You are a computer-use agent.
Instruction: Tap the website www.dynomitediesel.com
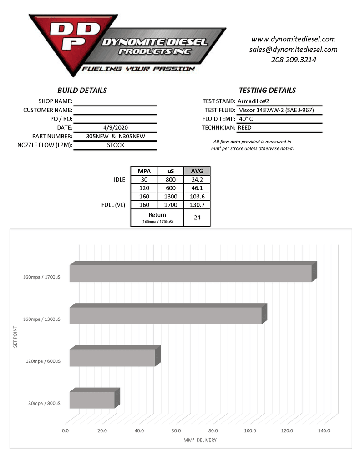click(x=293, y=39)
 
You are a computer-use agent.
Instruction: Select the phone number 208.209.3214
click(x=293, y=59)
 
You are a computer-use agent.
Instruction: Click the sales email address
click(x=293, y=49)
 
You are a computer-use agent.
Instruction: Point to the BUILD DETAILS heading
click(x=82, y=90)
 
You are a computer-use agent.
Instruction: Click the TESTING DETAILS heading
click(x=267, y=90)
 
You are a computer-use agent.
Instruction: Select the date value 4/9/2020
click(x=115, y=127)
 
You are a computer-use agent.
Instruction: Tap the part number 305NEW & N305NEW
click(x=115, y=136)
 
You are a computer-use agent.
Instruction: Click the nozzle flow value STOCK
click(x=115, y=145)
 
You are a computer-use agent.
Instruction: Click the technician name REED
click(x=245, y=127)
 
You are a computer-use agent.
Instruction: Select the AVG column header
click(x=197, y=171)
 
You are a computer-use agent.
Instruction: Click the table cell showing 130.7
click(x=197, y=205)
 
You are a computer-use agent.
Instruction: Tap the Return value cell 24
click(x=197, y=218)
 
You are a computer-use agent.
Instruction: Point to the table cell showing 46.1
click(x=197, y=187)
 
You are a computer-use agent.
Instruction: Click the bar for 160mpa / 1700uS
click(x=191, y=273)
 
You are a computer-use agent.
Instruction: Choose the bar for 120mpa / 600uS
click(x=112, y=358)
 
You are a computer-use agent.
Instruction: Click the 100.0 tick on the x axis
click(x=250, y=431)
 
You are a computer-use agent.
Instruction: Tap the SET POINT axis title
click(x=15, y=335)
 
